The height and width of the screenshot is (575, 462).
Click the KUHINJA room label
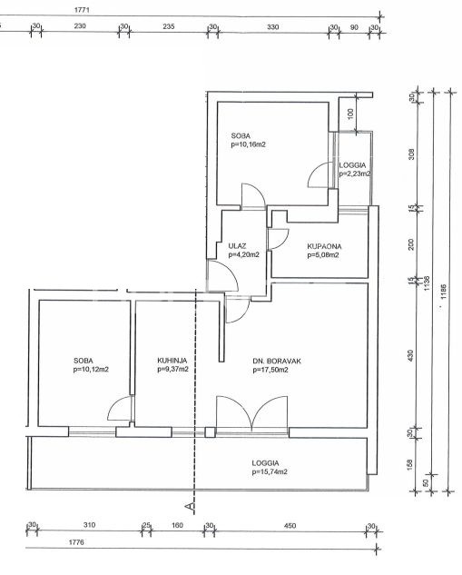click(172, 361)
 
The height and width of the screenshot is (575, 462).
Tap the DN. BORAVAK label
click(277, 362)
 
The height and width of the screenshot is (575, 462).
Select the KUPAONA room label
click(324, 246)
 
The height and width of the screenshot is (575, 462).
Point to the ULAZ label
click(237, 245)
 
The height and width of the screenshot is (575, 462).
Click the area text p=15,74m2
click(270, 472)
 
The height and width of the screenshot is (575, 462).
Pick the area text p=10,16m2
click(248, 144)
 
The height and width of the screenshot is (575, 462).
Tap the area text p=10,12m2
click(91, 370)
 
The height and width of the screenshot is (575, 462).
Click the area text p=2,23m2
click(354, 174)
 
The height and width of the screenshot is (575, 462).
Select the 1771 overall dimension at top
click(82, 10)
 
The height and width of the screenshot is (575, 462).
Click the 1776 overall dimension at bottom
click(76, 542)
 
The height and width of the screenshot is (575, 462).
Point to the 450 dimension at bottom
click(290, 526)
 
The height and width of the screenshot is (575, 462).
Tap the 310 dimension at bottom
click(89, 525)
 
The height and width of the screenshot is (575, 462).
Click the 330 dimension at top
click(273, 26)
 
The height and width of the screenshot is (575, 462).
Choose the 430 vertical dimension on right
click(410, 355)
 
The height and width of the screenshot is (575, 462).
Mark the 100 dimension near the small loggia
click(350, 114)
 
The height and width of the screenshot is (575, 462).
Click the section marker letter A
click(190, 507)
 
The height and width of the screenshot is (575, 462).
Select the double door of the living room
click(251, 412)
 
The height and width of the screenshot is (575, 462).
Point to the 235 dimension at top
click(169, 26)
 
